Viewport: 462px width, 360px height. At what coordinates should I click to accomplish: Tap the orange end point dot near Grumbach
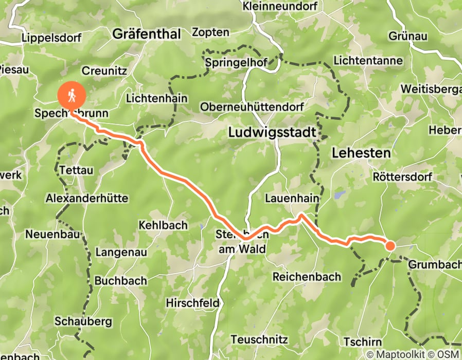pyautogui.click(x=390, y=246)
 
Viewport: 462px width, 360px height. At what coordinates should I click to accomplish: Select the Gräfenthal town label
pyautogui.click(x=147, y=34)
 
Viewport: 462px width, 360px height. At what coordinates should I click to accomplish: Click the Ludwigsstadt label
pyautogui.click(x=272, y=133)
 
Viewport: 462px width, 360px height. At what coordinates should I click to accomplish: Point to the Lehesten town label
pyautogui.click(x=361, y=153)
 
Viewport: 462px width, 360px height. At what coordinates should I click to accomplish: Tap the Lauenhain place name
pyautogui.click(x=292, y=198)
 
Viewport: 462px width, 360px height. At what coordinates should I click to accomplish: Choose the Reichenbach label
pyautogui.click(x=307, y=277)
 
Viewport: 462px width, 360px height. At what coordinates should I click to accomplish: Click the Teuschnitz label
pyautogui.click(x=258, y=339)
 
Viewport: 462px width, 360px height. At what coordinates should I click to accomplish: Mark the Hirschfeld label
pyautogui.click(x=192, y=303)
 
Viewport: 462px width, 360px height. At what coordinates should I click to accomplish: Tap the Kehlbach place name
pyautogui.click(x=163, y=225)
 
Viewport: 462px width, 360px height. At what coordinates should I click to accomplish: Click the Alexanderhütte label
pyautogui.click(x=87, y=198)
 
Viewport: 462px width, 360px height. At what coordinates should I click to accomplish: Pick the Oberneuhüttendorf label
pyautogui.click(x=252, y=107)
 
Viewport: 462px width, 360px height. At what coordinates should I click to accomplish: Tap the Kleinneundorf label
pyautogui.click(x=276, y=7)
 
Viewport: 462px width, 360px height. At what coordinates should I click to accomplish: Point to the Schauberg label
pyautogui.click(x=83, y=321)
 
